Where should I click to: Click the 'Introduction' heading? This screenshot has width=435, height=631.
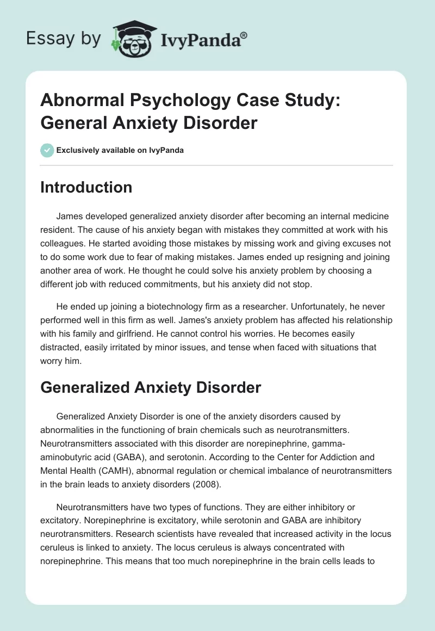[86, 187]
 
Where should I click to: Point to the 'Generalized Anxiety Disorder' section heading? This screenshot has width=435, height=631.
[151, 387]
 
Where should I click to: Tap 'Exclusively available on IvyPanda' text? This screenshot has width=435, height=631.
[120, 150]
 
